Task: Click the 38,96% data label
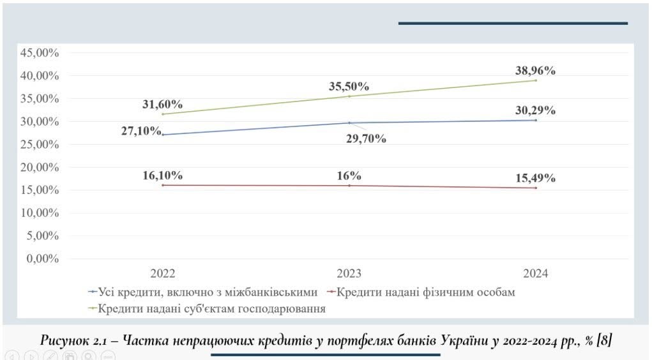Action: [x=535, y=71]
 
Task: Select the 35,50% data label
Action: [x=349, y=87]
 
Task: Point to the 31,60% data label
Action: [x=162, y=105]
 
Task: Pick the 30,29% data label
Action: [x=535, y=110]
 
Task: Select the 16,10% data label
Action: [x=163, y=176]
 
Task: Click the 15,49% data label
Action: [x=535, y=178]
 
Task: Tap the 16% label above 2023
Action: [x=349, y=176]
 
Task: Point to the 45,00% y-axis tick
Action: [x=40, y=53]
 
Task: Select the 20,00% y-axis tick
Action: [x=40, y=167]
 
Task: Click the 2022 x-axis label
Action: [x=163, y=274]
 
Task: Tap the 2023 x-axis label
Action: [x=349, y=274]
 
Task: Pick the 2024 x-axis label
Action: [x=535, y=274]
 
